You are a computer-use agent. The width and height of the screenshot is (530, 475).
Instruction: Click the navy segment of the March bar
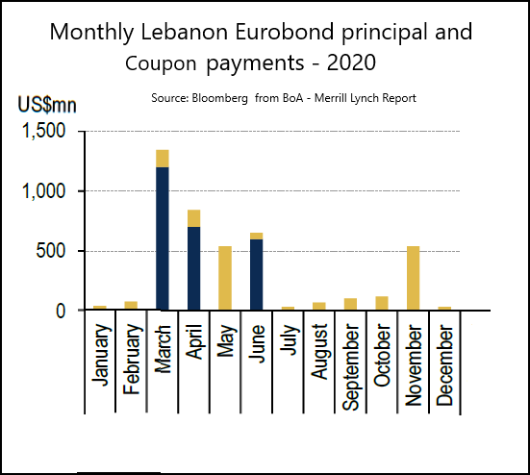point(163,238)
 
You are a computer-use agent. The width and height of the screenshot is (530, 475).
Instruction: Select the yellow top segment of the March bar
point(163,159)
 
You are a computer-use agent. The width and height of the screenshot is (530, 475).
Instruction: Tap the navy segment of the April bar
point(194,268)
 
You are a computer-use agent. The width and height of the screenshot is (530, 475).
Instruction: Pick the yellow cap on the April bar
point(194,218)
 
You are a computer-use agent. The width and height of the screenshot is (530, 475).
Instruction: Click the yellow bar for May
point(225,278)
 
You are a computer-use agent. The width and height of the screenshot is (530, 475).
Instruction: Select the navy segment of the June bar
point(257,275)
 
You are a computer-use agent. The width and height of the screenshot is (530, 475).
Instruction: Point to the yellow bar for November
point(413,278)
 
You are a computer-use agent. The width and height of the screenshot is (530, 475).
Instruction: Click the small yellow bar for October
point(382,303)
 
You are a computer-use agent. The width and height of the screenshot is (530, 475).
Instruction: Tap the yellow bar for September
point(350,304)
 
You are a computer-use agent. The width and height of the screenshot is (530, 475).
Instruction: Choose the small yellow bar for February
point(131,306)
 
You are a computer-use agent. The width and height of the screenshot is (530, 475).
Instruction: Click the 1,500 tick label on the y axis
point(43,131)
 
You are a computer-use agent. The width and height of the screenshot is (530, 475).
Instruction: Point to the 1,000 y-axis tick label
point(43,191)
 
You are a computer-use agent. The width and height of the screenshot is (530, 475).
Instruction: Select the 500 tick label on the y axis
point(50,251)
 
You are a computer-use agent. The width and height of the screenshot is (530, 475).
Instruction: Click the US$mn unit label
point(47,105)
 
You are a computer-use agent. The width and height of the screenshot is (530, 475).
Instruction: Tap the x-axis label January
point(101,355)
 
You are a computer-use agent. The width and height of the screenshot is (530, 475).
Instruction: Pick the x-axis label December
point(444,365)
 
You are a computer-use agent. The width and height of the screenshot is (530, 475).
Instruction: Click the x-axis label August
point(319,352)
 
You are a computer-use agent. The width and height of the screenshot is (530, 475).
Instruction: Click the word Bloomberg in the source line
point(219,98)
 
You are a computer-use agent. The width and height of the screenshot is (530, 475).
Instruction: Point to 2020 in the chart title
point(351,62)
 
